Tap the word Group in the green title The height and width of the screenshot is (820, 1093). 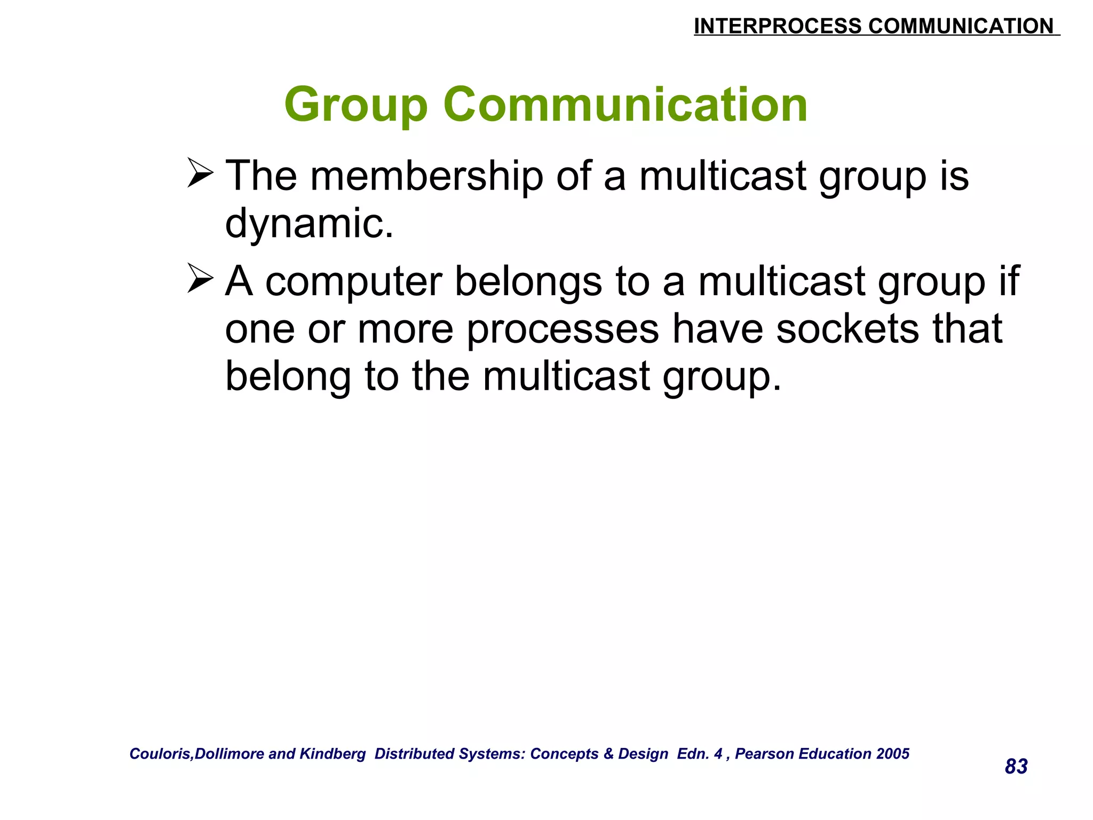356,105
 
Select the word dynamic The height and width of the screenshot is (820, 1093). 309,223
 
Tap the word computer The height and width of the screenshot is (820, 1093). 354,282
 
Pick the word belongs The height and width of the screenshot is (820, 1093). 528,282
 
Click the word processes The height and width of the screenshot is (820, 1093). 563,329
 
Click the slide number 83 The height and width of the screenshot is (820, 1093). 1016,767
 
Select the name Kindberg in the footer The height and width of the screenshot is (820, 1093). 332,754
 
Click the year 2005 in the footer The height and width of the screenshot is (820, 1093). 893,754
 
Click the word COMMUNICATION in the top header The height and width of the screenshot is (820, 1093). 961,26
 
